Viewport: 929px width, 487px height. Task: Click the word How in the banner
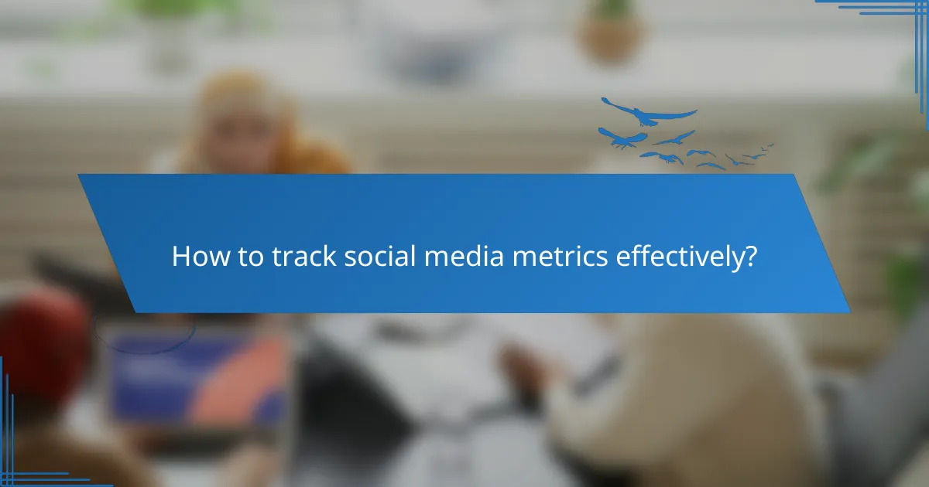point(194,257)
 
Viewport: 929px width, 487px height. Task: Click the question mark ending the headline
point(749,257)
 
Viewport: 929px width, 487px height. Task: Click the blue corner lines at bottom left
point(31,456)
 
